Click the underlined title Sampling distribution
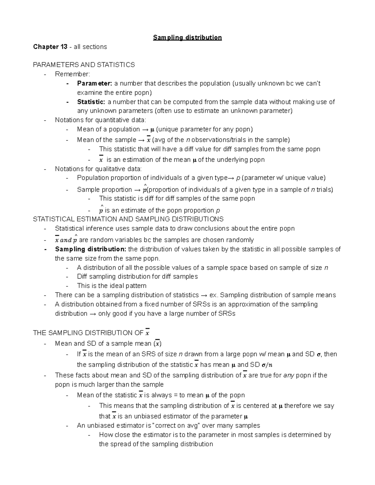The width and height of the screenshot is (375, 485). click(x=187, y=38)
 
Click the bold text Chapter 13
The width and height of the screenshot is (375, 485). click(x=50, y=47)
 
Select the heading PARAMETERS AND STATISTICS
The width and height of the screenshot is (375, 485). click(x=84, y=65)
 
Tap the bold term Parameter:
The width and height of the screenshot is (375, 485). click(x=94, y=83)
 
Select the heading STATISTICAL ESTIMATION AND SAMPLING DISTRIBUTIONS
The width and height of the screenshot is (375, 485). click(x=128, y=219)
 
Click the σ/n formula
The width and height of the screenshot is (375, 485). click(x=267, y=365)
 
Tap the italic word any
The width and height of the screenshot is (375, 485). click(x=288, y=375)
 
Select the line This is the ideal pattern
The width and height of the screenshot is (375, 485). click(x=112, y=286)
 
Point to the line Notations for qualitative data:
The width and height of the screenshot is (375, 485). click(x=98, y=169)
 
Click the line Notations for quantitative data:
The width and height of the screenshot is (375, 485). click(x=100, y=120)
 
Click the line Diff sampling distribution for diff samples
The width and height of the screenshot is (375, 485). click(x=137, y=277)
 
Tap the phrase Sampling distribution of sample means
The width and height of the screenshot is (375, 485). click(x=278, y=295)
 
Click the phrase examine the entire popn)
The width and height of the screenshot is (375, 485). click(x=114, y=93)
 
